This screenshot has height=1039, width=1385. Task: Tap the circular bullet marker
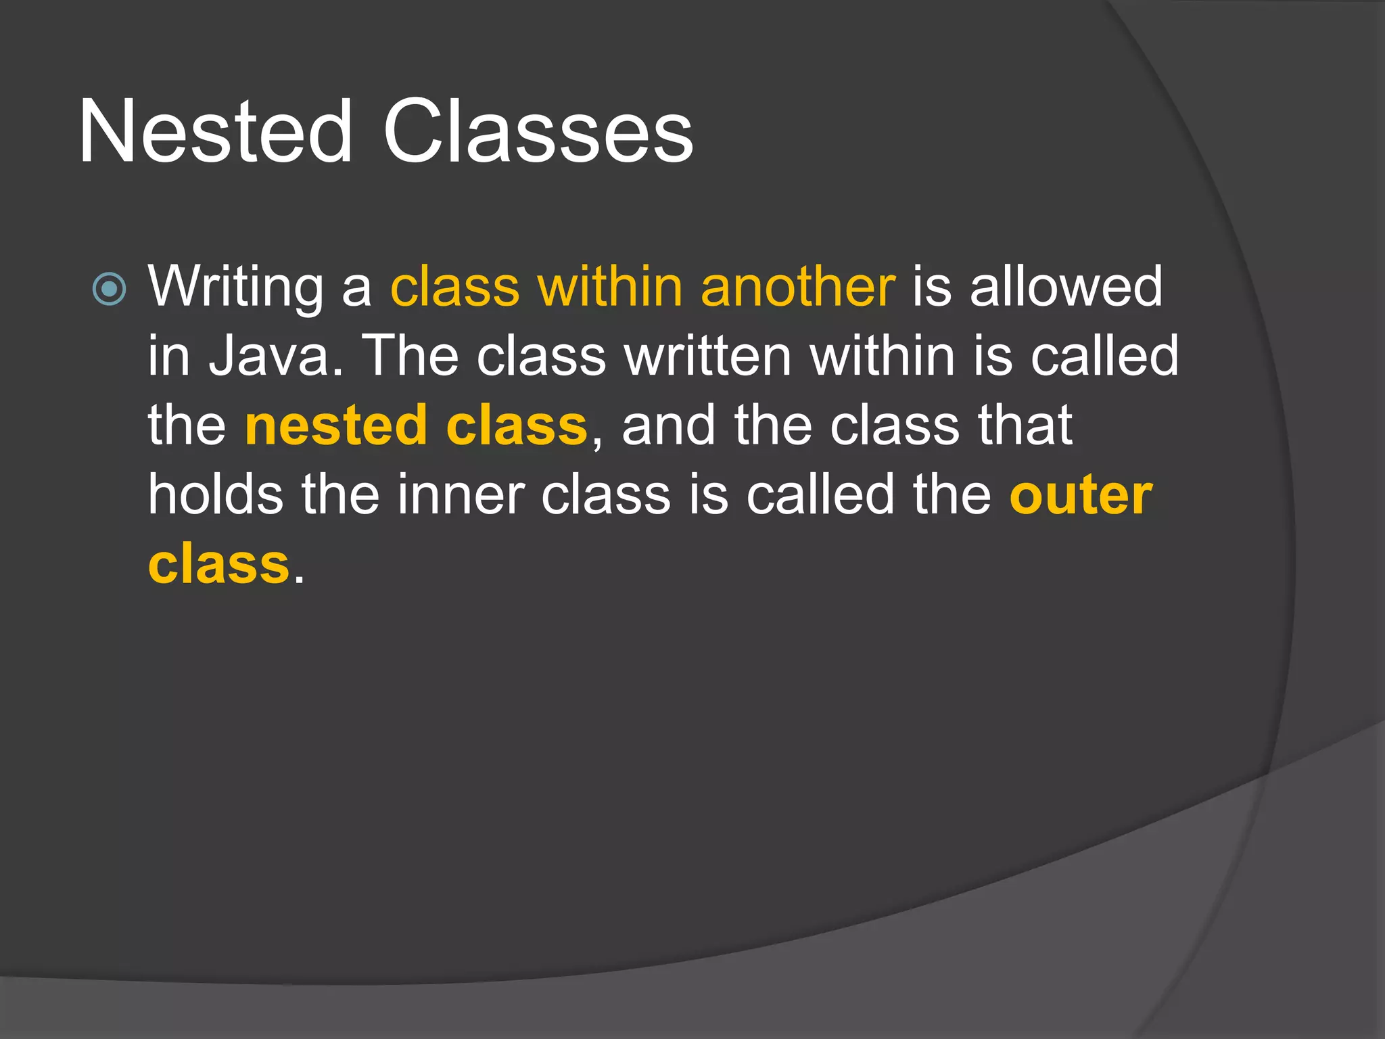coord(109,290)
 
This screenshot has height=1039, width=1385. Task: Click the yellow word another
coord(798,287)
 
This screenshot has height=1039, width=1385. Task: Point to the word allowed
coord(1066,287)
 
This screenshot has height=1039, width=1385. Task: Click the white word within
coord(883,356)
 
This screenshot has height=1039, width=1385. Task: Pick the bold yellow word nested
coord(335,426)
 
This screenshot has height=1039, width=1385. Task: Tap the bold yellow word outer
coord(1081,496)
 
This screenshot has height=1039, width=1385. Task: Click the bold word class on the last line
coord(218,565)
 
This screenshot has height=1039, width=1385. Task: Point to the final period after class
coord(299,579)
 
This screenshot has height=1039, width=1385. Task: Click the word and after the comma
coord(668,426)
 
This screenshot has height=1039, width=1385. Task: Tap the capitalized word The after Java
coord(411,356)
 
